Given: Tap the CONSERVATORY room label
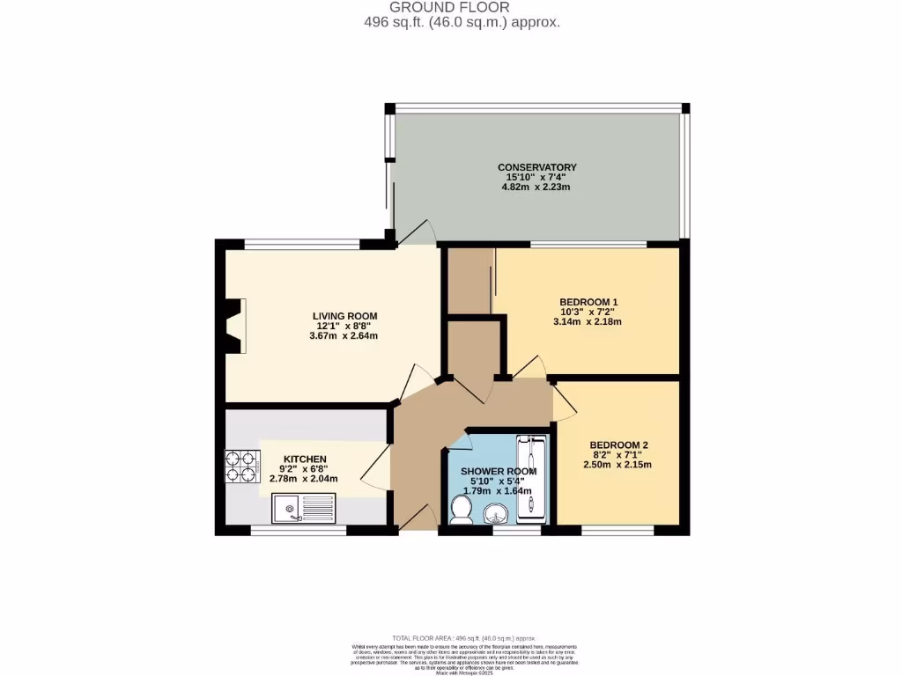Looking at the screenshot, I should tap(536, 167).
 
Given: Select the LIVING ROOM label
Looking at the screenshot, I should tap(345, 316).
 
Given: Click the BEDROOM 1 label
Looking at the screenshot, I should tap(588, 302).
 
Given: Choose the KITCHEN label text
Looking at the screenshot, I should tap(303, 459).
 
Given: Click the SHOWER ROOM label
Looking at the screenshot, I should tap(499, 472).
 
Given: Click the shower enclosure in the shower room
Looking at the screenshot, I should tap(531, 478).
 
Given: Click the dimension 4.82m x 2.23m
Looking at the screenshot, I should tap(536, 187).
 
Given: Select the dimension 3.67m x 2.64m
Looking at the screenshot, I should tap(345, 335).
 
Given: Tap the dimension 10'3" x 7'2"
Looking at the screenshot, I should tap(588, 312).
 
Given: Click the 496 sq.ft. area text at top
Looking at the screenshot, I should tap(462, 23).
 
